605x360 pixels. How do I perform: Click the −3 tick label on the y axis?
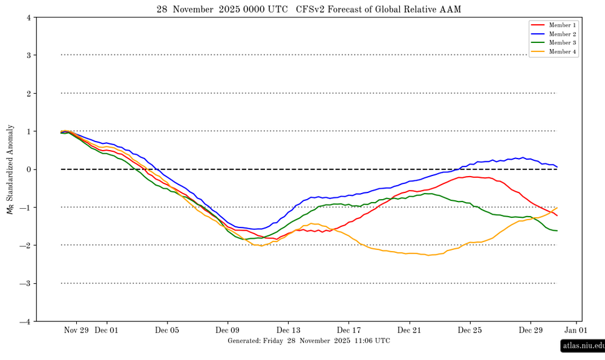coord(27,283)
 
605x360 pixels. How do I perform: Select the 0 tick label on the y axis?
coord(29,169)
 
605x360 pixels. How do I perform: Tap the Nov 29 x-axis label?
coord(76,330)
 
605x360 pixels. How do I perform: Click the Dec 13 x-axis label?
coord(288,330)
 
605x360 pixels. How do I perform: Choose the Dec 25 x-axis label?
coord(469,330)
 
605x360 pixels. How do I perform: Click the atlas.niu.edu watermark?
coord(583,346)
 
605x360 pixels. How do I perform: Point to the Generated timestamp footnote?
coord(309,341)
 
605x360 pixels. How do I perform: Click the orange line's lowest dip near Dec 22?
coord(428,255)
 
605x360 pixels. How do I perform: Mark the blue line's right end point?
coord(557,167)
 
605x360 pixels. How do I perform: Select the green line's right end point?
coord(557,231)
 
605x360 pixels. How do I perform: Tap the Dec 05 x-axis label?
coord(167,330)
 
